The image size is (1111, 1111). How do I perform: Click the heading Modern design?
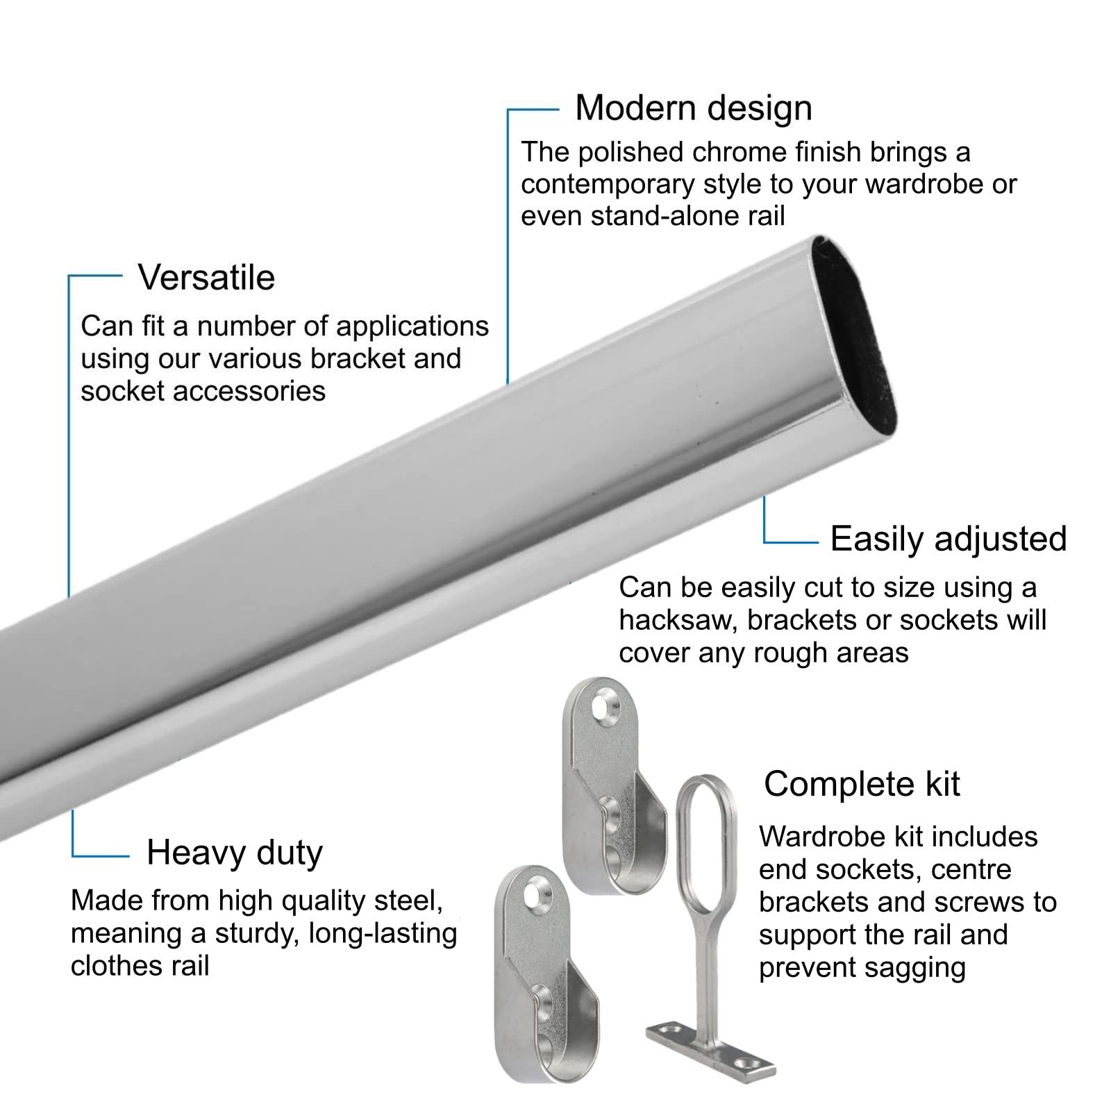coord(694,108)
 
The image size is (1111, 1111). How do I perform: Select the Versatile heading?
coord(206,277)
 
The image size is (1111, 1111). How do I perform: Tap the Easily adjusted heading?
coord(949,539)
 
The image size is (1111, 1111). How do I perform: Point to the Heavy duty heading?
coord(235,853)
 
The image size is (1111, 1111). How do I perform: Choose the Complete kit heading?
coord(862,784)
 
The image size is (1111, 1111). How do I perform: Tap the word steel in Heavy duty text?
coord(410,901)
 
